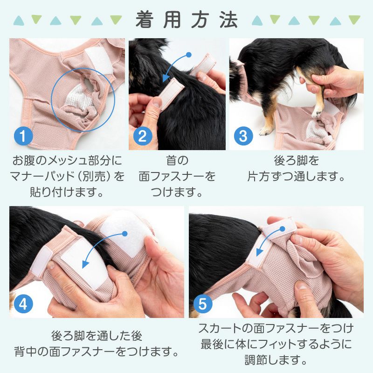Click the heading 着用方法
186,20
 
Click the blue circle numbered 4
23,304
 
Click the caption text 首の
177,161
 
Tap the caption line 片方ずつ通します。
297,177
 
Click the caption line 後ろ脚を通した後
97,335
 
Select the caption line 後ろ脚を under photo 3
297,161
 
